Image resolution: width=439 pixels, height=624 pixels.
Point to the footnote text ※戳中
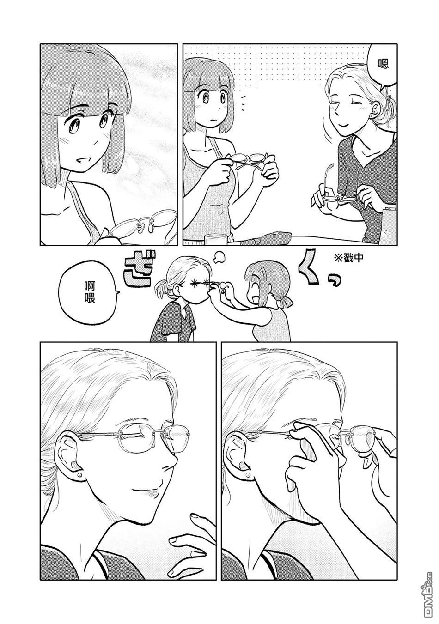click(x=348, y=258)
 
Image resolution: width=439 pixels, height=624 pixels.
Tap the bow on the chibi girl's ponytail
click(x=285, y=301)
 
